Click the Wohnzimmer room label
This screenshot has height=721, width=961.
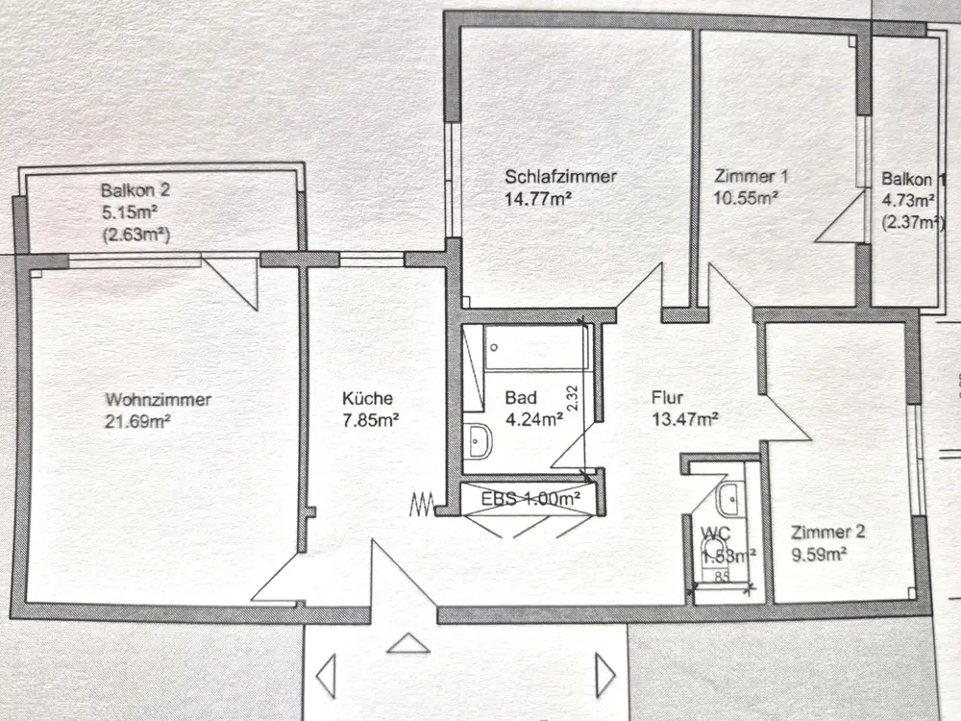coord(159,400)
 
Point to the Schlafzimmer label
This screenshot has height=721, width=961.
coord(560,177)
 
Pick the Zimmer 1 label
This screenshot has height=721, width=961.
coord(752,177)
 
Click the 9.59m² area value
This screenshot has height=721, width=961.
coord(817,554)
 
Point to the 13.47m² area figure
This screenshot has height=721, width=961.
coord(685,419)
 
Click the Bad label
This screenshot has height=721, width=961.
coord(520,398)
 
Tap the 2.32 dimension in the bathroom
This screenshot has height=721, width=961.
coord(572,398)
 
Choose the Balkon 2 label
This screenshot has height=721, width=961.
coord(135,190)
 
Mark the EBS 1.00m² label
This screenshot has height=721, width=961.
coord(531,499)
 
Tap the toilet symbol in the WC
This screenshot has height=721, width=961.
coord(714,548)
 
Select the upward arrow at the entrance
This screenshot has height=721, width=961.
coord(409,643)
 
